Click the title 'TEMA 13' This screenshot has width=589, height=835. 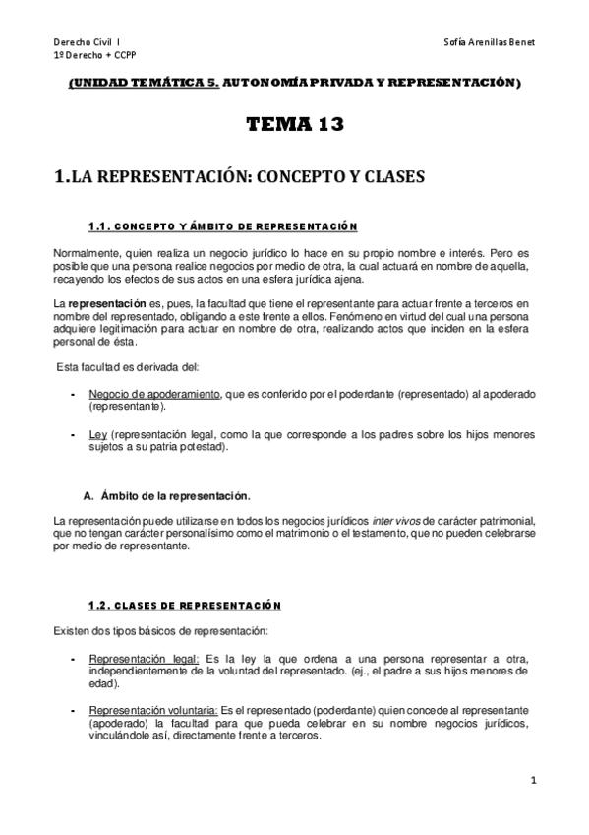(293, 124)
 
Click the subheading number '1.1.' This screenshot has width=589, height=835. (102, 226)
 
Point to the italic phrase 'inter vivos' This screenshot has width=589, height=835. (397, 520)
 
